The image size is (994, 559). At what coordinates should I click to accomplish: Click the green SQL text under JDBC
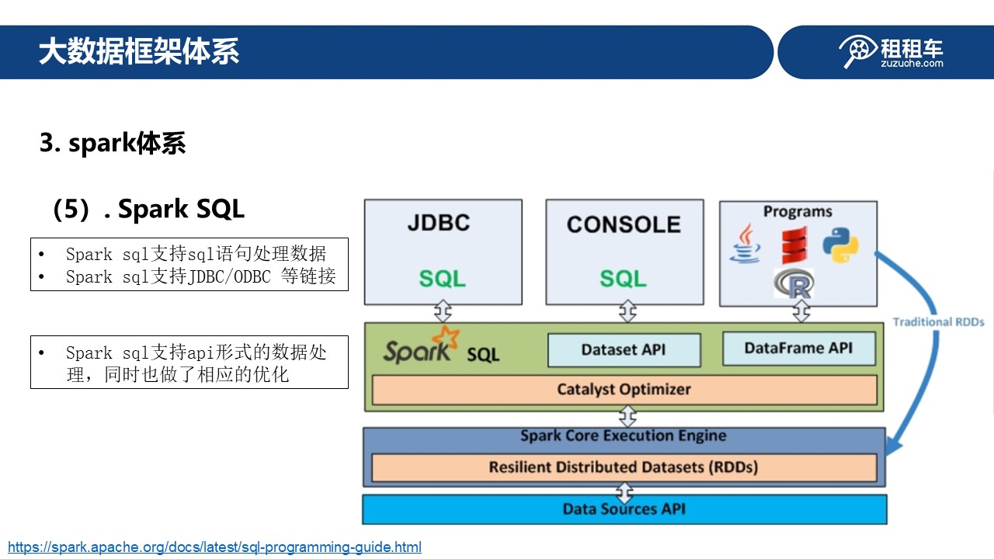click(x=443, y=279)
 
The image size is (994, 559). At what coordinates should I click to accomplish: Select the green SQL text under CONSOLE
click(x=623, y=279)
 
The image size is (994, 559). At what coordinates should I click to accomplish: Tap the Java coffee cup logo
click(x=745, y=244)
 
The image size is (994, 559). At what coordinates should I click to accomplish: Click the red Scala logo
click(x=794, y=245)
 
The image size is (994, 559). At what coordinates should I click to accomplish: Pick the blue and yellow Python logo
click(x=840, y=245)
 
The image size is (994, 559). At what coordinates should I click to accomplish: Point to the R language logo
click(x=794, y=283)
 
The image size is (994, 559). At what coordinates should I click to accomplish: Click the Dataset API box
click(x=624, y=350)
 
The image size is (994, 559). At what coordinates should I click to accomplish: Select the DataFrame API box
click(x=799, y=349)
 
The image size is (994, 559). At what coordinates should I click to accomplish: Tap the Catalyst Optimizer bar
click(x=624, y=390)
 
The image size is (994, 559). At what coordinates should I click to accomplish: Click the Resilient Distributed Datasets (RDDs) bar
click(x=624, y=467)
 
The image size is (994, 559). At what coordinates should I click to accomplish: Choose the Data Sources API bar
click(x=624, y=509)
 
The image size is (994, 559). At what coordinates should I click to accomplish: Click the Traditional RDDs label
click(x=938, y=322)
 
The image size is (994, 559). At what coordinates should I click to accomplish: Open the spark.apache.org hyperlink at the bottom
click(x=215, y=547)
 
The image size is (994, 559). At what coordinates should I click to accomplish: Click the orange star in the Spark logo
click(x=447, y=338)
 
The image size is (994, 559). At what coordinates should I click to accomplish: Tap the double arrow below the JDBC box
click(x=443, y=311)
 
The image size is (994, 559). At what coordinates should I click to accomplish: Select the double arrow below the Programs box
click(x=801, y=311)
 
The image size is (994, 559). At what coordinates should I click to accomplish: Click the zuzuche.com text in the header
click(x=912, y=64)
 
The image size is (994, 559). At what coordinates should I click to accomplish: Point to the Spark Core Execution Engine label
click(x=624, y=436)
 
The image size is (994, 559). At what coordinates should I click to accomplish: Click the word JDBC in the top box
click(x=439, y=222)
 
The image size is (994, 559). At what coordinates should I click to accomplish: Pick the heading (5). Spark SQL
click(x=148, y=209)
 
